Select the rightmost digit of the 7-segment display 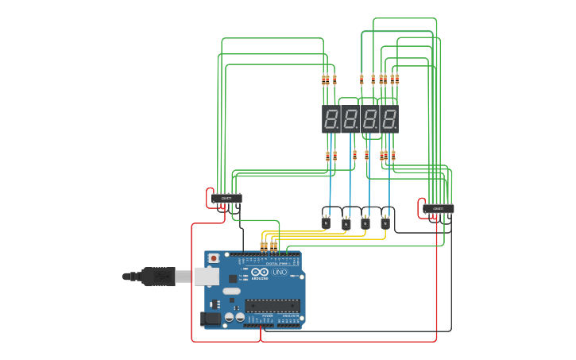tap(389, 119)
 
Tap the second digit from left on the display tap(351, 119)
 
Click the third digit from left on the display tap(370, 119)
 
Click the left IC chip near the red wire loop tap(226, 198)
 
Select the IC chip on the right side tap(439, 209)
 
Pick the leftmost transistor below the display tap(326, 223)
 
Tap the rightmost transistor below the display tap(385, 223)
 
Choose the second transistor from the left tap(346, 224)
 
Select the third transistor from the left tap(365, 223)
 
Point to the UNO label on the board tap(279, 272)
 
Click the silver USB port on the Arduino tap(207, 277)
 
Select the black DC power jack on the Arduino tap(211, 318)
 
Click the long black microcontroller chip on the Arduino tap(273, 305)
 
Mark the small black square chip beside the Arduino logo tap(233, 278)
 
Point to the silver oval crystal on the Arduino tap(231, 291)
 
